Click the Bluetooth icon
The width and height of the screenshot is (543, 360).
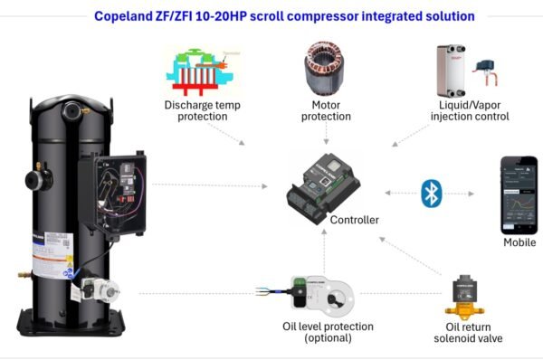(x=431, y=193)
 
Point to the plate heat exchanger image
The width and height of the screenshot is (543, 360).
(x=449, y=68)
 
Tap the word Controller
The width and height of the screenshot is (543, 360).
(x=355, y=220)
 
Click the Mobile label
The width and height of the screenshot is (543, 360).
(x=519, y=242)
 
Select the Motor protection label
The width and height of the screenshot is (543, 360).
(x=325, y=110)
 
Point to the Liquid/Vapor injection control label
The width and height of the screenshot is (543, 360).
(x=467, y=110)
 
